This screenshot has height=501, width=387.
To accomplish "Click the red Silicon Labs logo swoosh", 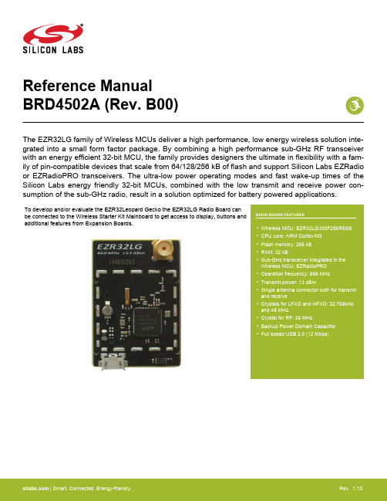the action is pyautogui.click(x=53, y=34).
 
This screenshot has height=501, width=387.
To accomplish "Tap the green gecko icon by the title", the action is pyautogui.click(x=355, y=106).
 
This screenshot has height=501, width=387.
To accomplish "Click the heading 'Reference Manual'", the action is pyautogui.click(x=87, y=86).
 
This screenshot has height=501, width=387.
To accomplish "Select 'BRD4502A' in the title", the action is pyautogui.click(x=62, y=104).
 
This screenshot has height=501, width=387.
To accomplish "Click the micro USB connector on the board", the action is pyautogui.click(x=113, y=362).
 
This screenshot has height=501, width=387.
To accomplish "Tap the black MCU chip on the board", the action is pyautogui.click(x=147, y=322).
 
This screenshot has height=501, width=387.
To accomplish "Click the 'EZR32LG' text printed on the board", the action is pyautogui.click(x=119, y=247).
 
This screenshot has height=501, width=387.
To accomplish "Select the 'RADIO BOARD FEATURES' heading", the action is pyautogui.click(x=280, y=215).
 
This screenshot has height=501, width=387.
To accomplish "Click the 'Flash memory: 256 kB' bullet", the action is pyautogui.click(x=286, y=245).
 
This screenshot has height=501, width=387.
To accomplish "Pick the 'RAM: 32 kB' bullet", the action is pyautogui.click(x=274, y=252).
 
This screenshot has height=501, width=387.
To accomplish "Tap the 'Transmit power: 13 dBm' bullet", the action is pyautogui.click(x=288, y=282).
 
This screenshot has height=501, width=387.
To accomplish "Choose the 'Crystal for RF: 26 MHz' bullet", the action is pyautogui.click(x=287, y=318).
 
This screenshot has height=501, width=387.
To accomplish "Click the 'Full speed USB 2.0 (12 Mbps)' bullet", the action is pyautogui.click(x=294, y=334).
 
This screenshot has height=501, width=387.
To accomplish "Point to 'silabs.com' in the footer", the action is pyautogui.click(x=35, y=488).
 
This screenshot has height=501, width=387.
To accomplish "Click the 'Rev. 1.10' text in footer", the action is pyautogui.click(x=351, y=488).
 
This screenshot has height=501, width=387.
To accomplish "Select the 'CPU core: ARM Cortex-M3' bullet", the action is pyautogui.click(x=291, y=235).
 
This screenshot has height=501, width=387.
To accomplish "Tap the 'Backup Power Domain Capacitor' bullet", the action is pyautogui.click(x=298, y=327).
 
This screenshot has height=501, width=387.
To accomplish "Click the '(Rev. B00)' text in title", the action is pyautogui.click(x=141, y=105).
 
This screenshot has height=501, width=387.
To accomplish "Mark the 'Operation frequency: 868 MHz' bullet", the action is pyautogui.click(x=295, y=274).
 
